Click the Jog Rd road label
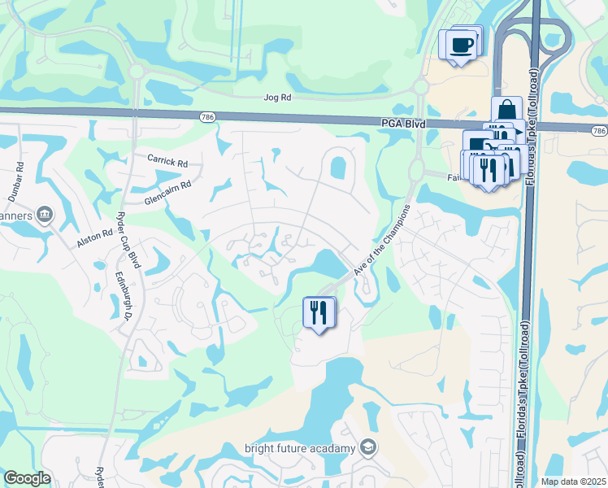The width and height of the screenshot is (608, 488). (x=277, y=97)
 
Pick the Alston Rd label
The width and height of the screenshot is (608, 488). (x=94, y=237)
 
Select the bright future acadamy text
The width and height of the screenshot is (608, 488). (x=300, y=448)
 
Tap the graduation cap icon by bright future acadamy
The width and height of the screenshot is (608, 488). (x=368, y=447)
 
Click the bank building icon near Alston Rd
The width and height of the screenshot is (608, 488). (x=45, y=215)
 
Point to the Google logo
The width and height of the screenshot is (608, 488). (x=27, y=478)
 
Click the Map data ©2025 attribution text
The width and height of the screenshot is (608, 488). (x=572, y=481)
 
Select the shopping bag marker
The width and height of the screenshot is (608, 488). (x=506, y=111)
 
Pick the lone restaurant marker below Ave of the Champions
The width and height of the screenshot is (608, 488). (x=319, y=312)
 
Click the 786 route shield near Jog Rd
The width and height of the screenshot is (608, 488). (x=208, y=117)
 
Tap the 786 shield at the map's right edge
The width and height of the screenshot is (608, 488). (x=599, y=130)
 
